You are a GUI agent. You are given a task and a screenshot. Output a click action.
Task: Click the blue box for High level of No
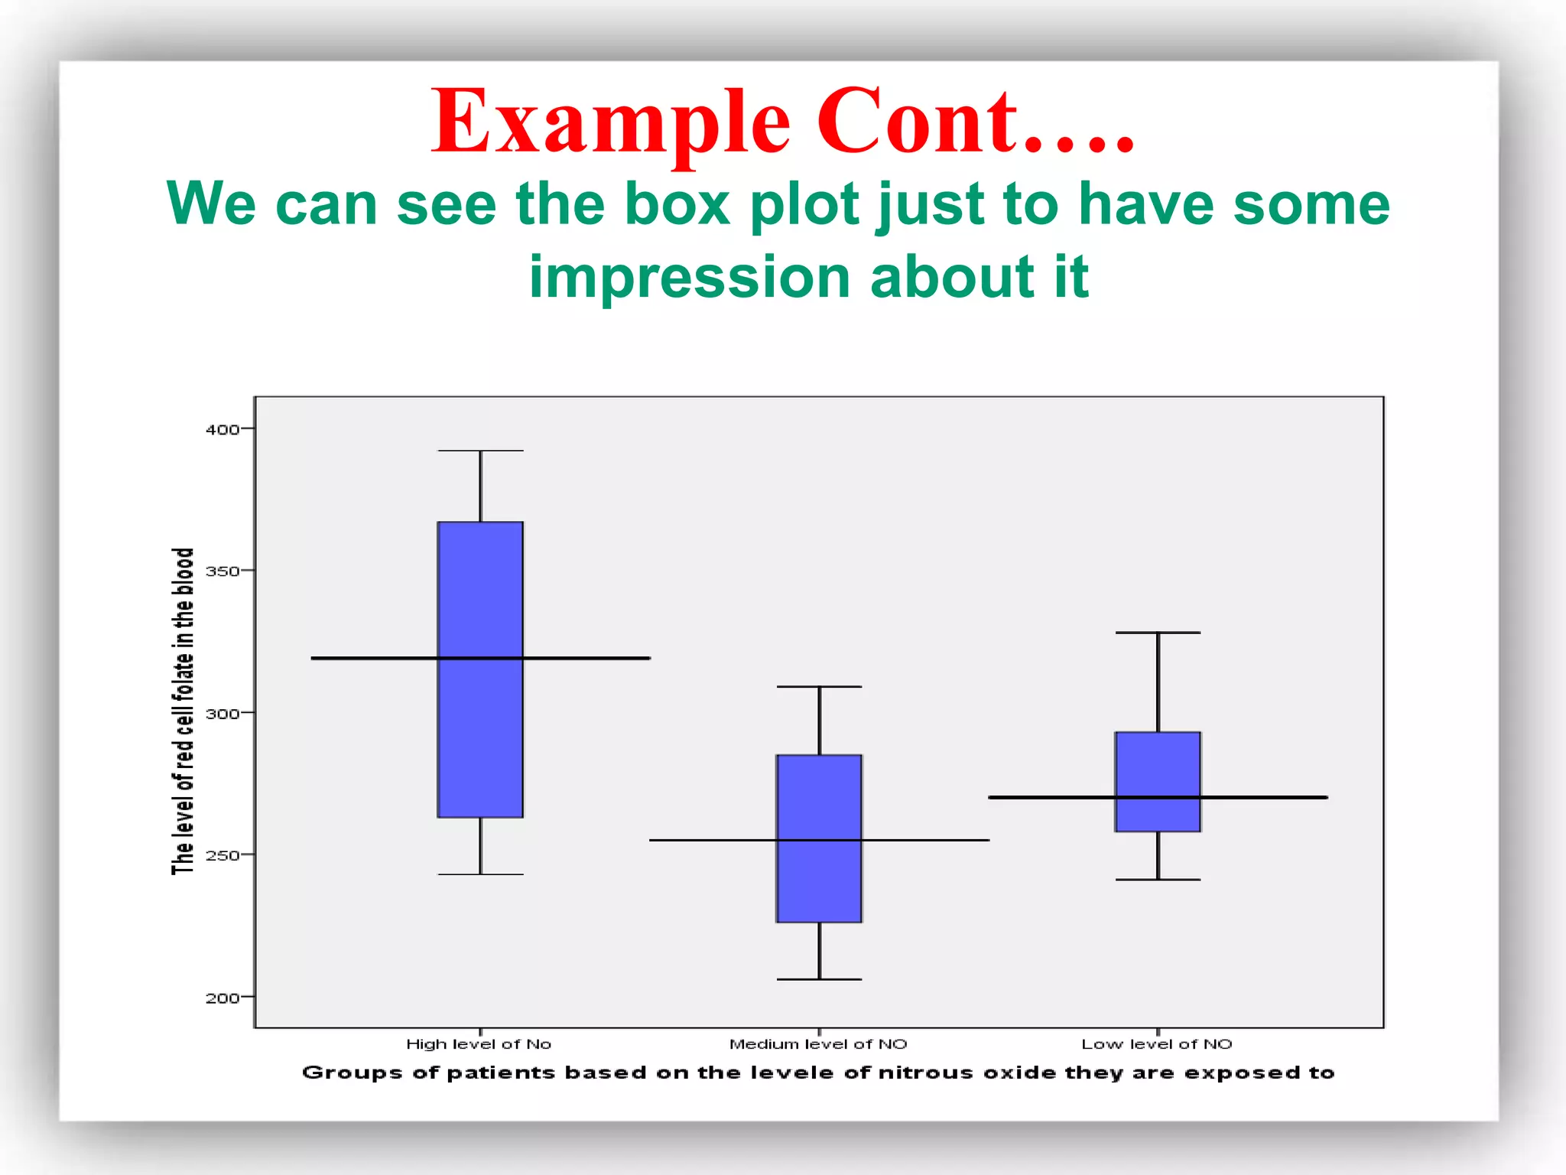click(x=480, y=669)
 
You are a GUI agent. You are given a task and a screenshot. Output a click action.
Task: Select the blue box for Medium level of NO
click(x=819, y=838)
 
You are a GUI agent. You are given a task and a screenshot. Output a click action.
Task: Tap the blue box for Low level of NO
click(x=1158, y=781)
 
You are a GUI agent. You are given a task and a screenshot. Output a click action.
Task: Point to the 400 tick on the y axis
click(x=223, y=430)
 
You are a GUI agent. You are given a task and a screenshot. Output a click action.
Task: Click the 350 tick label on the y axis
click(x=223, y=571)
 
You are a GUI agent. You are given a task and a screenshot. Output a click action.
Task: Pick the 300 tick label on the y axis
click(x=223, y=714)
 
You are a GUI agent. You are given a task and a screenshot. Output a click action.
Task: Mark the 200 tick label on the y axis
click(x=223, y=998)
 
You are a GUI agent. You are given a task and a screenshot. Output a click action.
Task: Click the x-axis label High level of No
click(x=479, y=1044)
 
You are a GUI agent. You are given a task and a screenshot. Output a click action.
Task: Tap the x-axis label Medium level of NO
click(x=818, y=1044)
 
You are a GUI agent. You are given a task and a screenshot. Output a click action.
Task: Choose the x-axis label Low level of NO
click(x=1157, y=1044)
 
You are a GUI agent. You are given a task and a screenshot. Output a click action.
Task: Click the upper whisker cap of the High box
click(x=480, y=451)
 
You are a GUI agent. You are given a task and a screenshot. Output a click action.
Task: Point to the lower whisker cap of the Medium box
click(x=819, y=979)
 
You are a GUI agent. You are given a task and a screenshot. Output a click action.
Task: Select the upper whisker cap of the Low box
click(x=1158, y=633)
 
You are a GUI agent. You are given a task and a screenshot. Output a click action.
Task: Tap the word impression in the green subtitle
click(x=689, y=277)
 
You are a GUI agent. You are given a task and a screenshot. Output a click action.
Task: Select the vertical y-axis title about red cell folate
click(x=182, y=711)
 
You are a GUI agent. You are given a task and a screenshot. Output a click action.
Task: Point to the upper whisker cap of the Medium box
click(x=819, y=687)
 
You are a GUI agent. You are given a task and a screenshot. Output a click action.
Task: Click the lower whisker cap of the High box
click(x=480, y=874)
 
